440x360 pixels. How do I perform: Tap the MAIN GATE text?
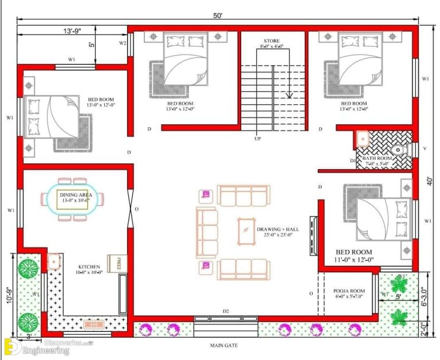(x=223, y=346)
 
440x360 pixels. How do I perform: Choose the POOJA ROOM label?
(x=349, y=291)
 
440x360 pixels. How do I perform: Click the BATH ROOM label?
(x=378, y=158)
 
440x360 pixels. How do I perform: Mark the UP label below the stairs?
(x=258, y=139)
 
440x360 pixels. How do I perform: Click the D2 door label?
(x=226, y=311)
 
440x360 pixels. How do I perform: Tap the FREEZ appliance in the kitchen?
(x=119, y=263)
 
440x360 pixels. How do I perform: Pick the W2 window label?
(x=123, y=43)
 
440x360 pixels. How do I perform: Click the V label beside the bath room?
(x=425, y=148)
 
